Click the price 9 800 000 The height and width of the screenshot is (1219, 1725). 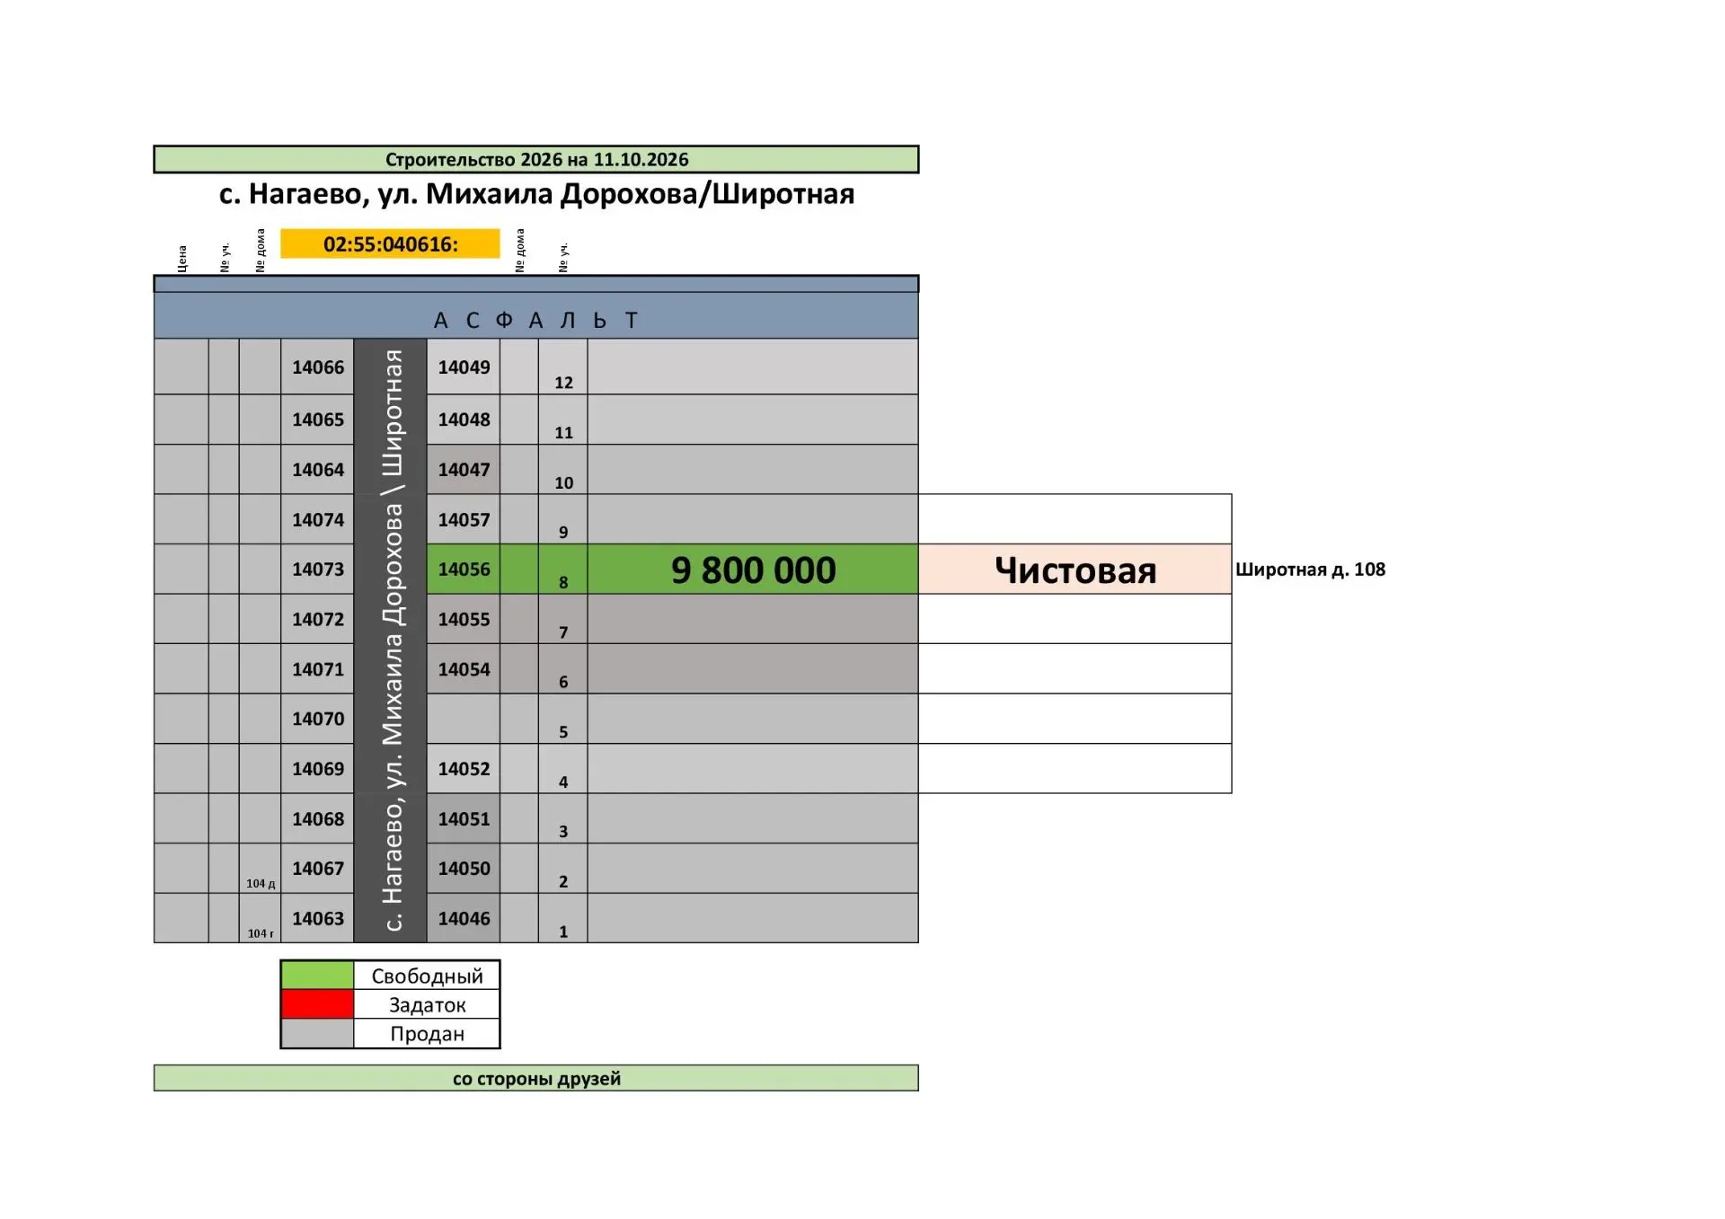pyautogui.click(x=753, y=570)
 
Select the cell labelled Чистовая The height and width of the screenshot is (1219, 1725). pyautogui.click(x=1075, y=569)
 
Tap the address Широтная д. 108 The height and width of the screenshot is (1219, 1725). pyautogui.click(x=1310, y=570)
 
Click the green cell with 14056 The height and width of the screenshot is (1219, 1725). pyautogui.click(x=464, y=569)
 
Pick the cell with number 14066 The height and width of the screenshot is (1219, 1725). pyautogui.click(x=318, y=367)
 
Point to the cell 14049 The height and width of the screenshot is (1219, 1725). pyautogui.click(x=464, y=367)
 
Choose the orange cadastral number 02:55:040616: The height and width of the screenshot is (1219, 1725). pyautogui.click(x=390, y=243)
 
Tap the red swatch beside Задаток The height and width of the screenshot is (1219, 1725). pyautogui.click(x=317, y=1004)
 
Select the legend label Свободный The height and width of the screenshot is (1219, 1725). pyautogui.click(x=427, y=976)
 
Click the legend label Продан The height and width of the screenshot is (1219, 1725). pyautogui.click(x=427, y=1034)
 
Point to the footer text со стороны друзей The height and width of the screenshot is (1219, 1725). pyautogui.click(x=536, y=1078)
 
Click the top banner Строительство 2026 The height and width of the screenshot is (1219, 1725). pyautogui.click(x=536, y=159)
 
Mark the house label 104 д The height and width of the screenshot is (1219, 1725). pyautogui.click(x=261, y=883)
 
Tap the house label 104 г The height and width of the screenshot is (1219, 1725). pyautogui.click(x=261, y=933)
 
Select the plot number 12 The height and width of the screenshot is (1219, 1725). pyautogui.click(x=563, y=383)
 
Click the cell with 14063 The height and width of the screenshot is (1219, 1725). pyautogui.click(x=318, y=918)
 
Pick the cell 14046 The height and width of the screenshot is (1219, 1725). pyautogui.click(x=464, y=918)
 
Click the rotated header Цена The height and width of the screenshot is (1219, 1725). pyautogui.click(x=182, y=258)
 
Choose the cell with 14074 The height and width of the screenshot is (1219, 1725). pyautogui.click(x=318, y=519)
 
